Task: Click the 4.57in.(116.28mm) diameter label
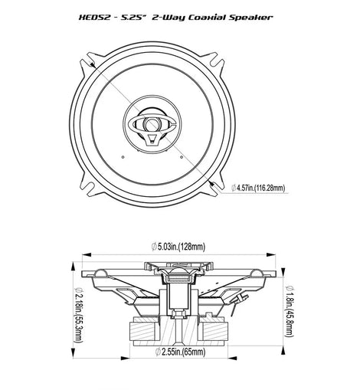coord(258,188)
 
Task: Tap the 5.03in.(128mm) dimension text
coord(178,247)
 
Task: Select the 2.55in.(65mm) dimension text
coord(180,352)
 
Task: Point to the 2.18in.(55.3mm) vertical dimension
coord(79,315)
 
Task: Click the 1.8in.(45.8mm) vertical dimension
coord(290,311)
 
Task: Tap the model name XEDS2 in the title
coord(94,18)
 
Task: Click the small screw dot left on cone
coord(123,157)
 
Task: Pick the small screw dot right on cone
coord(182,157)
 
